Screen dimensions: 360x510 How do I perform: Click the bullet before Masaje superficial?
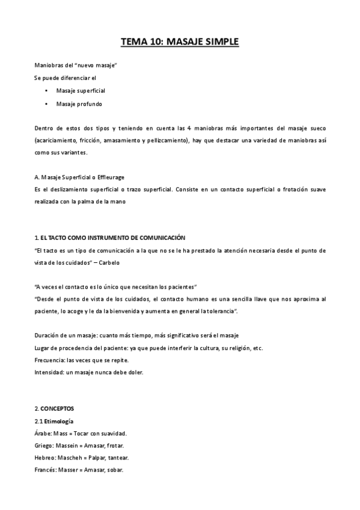point(46,90)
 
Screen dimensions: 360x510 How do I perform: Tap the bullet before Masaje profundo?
point(46,103)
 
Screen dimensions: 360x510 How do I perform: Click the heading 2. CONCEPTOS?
point(54,408)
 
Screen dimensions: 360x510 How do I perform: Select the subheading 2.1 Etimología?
point(54,420)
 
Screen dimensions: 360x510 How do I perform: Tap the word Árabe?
point(43,433)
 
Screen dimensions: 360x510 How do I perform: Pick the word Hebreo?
point(45,457)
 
